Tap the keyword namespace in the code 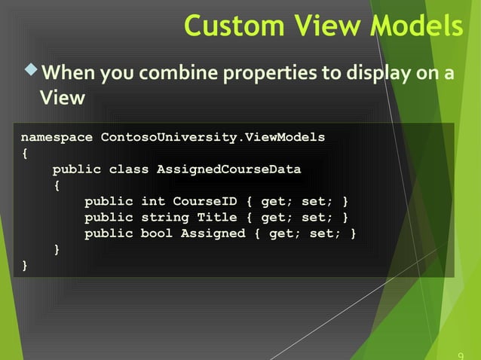[57, 137]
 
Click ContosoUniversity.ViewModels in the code [213, 137]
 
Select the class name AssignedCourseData [228, 169]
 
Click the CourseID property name [204, 202]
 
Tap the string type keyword [164, 218]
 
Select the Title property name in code [216, 218]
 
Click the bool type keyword [156, 233]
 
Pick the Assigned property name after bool [213, 233]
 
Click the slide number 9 [461, 354]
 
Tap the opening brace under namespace [25, 154]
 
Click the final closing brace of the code [25, 265]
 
